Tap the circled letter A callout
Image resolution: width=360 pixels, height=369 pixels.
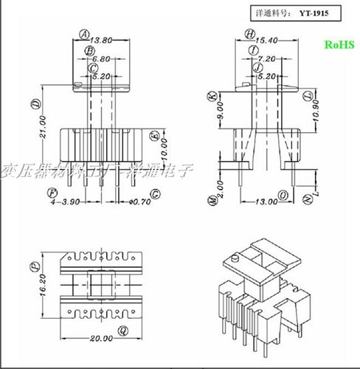[84, 34]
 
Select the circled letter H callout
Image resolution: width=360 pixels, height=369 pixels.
[251, 34]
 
